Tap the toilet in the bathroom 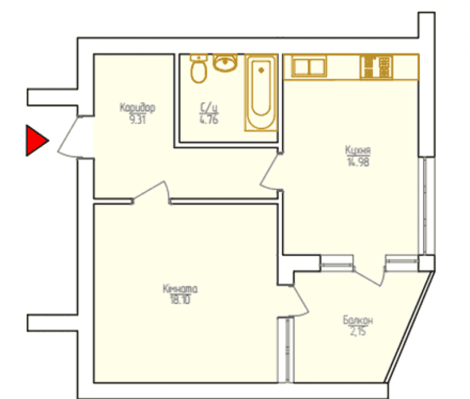coord(199,69)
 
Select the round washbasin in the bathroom coord(225,62)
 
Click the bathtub coord(261,92)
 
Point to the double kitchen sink coord(309,67)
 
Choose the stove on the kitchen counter coord(376,67)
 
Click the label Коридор coord(137,107)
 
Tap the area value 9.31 coord(137,119)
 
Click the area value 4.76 coord(209,119)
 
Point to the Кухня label coord(358,150)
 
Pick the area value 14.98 coord(358,162)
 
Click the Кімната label coord(180,289)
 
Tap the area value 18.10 coord(180,299)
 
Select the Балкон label coord(358,321)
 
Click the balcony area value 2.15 coord(358,332)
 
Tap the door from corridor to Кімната coord(151,192)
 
